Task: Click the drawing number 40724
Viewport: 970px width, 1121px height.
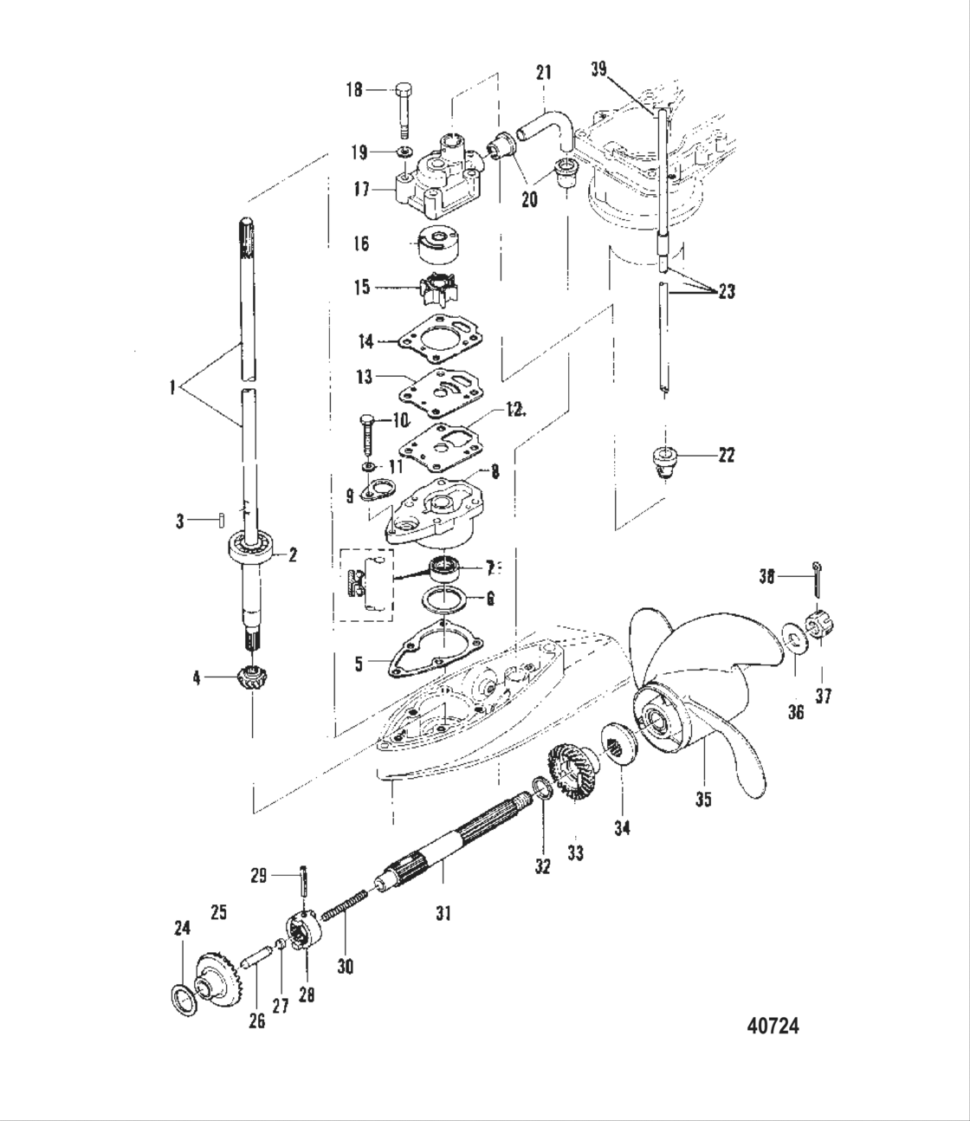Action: pyautogui.click(x=773, y=1027)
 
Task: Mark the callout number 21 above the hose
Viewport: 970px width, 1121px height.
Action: pyautogui.click(x=543, y=74)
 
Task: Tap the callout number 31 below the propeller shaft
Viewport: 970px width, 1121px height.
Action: pyautogui.click(x=443, y=912)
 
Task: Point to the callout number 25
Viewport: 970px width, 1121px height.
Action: pyautogui.click(x=218, y=911)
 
